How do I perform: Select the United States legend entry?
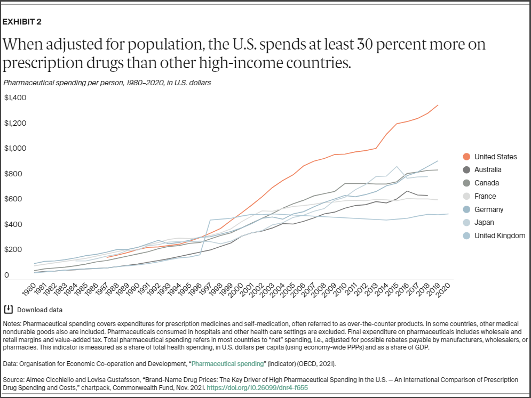tap(495, 157)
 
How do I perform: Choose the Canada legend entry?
tap(486, 183)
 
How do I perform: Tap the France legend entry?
tap(485, 196)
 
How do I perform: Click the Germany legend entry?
tap(488, 209)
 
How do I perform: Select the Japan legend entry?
tap(484, 223)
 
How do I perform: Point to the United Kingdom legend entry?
tap(499, 235)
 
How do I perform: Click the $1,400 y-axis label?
tap(15, 98)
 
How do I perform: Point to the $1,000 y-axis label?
tap(15, 148)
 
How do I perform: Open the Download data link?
tap(39, 310)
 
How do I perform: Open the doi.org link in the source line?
tap(257, 388)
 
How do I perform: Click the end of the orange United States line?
tap(438, 105)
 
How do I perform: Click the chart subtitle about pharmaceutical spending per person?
tap(107, 83)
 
